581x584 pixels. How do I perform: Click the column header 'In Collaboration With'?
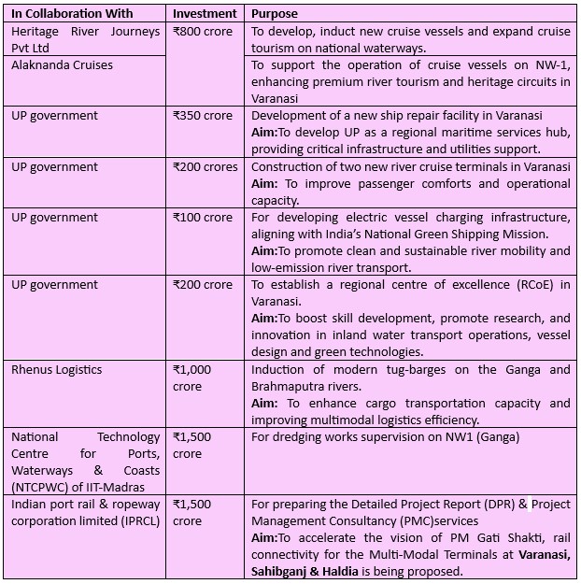[72, 14]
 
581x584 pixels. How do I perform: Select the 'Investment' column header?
[206, 14]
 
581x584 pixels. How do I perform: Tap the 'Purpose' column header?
[276, 14]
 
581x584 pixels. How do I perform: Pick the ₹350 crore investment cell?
[203, 116]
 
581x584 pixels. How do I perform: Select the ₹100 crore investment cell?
[203, 218]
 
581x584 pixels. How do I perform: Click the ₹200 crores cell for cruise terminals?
[205, 167]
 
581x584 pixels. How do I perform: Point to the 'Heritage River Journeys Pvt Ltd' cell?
[86, 38]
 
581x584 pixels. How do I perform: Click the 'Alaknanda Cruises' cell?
[62, 64]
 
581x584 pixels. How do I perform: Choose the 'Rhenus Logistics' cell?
[57, 370]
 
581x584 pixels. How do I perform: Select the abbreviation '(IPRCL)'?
[138, 521]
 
